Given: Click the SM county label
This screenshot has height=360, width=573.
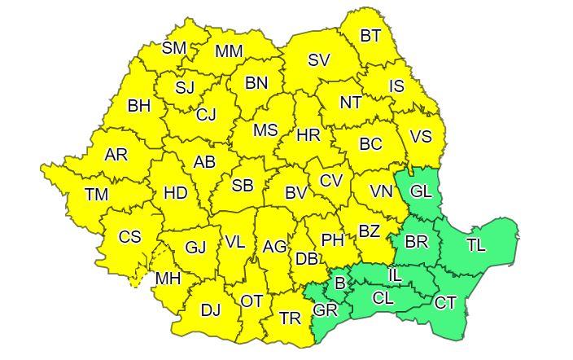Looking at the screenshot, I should (174, 48).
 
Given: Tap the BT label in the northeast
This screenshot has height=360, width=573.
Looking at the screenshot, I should (370, 35).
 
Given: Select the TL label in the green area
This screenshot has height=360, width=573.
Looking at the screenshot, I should (476, 244).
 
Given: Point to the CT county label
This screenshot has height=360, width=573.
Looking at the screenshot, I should (445, 303).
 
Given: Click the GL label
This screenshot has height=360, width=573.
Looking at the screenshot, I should (421, 192).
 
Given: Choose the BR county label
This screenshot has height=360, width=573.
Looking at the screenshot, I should (416, 243).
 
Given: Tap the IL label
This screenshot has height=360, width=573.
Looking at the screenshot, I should (395, 276).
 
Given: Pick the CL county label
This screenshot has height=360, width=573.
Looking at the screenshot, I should (383, 298).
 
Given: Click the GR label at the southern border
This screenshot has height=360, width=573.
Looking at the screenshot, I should (325, 310).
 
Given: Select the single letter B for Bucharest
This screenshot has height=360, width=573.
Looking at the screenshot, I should (340, 283).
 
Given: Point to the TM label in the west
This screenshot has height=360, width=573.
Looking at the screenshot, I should (96, 195).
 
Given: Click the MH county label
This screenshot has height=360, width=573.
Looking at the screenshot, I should (168, 279).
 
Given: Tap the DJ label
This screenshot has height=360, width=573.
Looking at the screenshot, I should (210, 310).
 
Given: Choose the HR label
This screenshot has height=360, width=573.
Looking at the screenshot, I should (308, 135).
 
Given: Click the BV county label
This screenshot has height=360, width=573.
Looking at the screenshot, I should (295, 194).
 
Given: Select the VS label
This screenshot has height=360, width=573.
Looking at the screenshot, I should (421, 136).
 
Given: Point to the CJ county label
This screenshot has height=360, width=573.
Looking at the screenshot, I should (206, 115).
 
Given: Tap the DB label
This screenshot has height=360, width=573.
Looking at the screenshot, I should (306, 259).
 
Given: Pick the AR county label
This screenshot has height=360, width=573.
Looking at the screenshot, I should (116, 154).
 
